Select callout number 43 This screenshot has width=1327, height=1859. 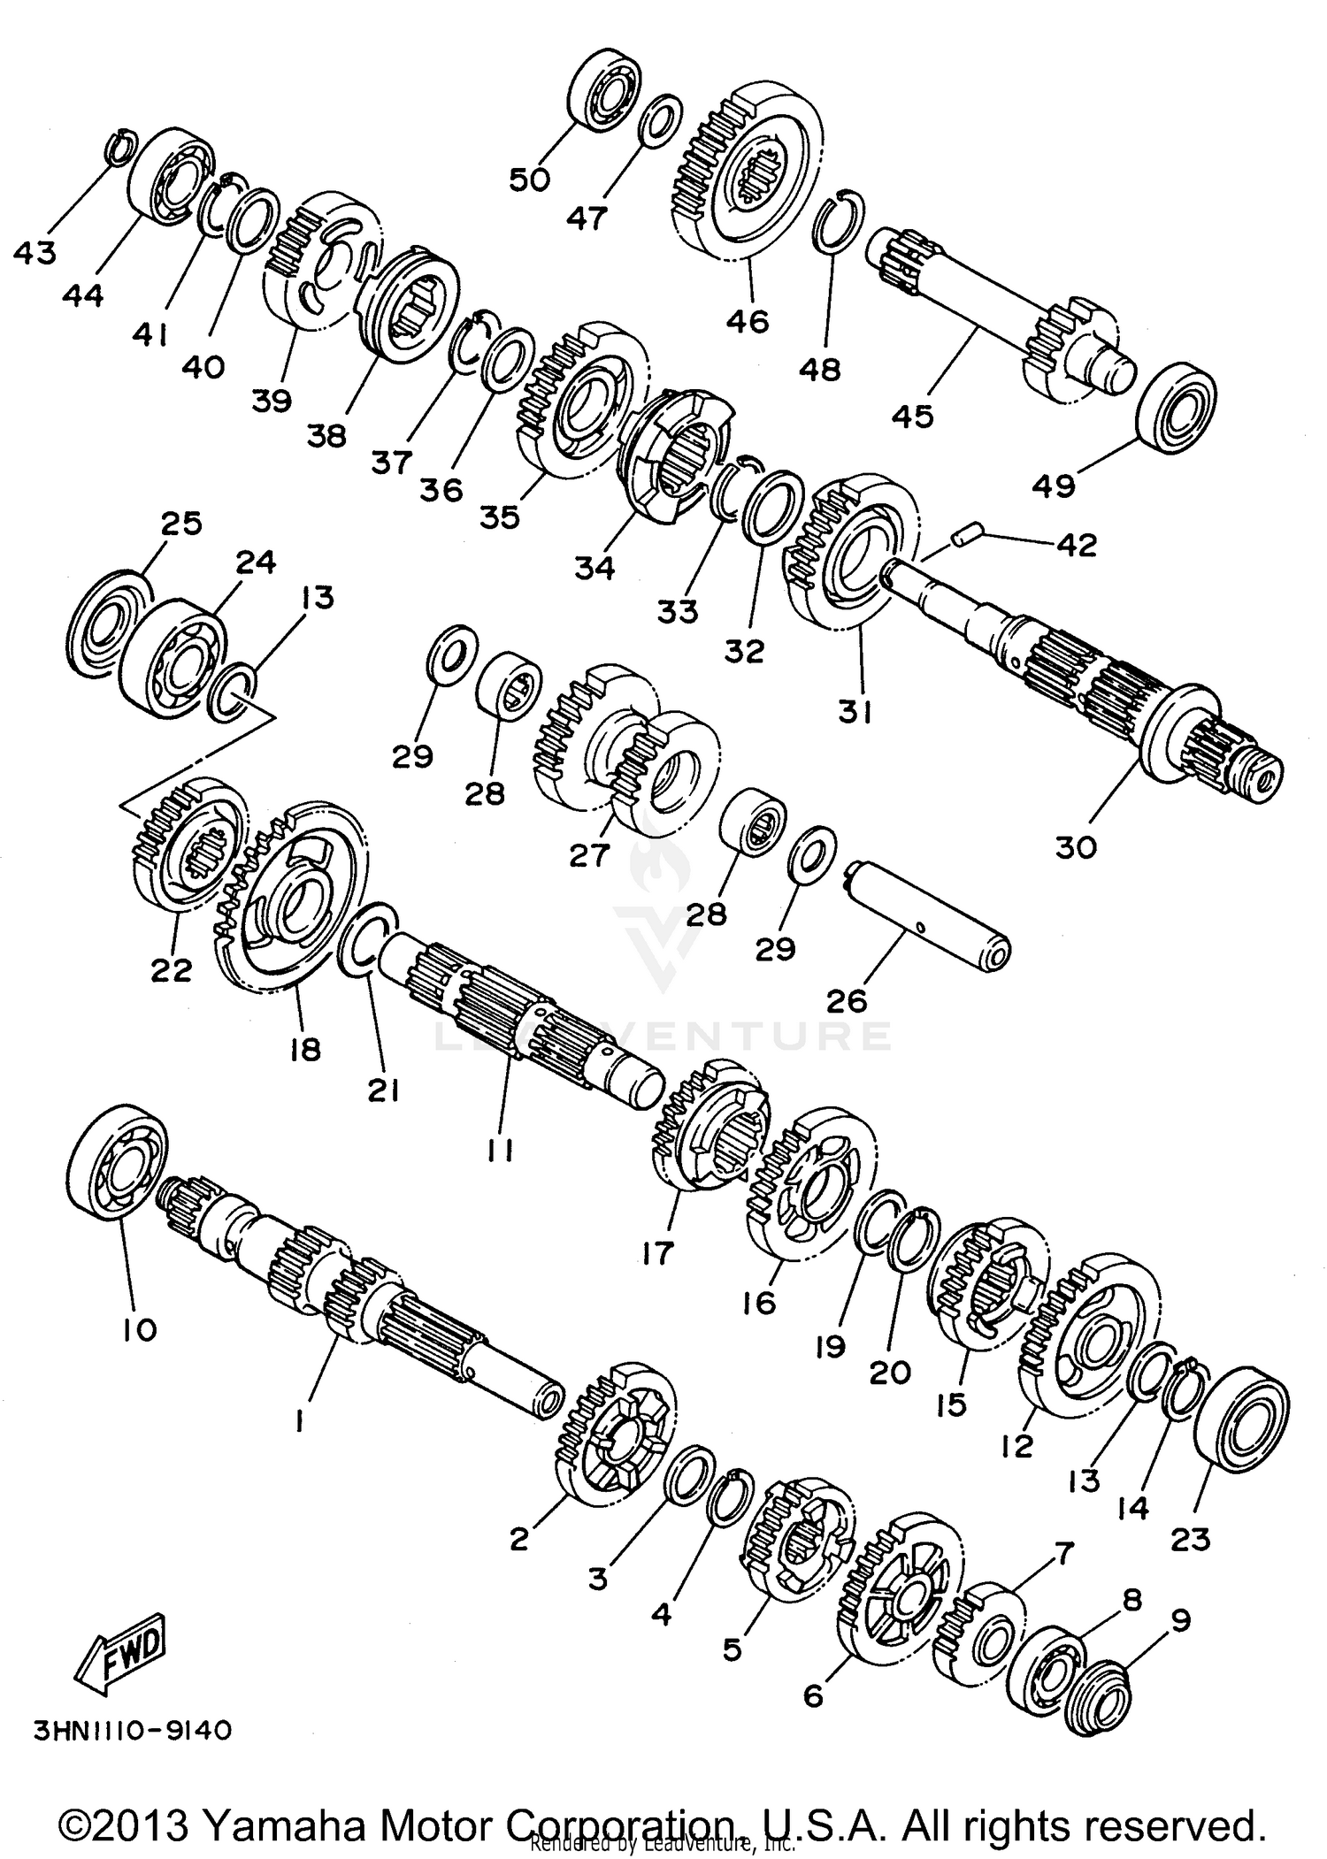click(x=35, y=253)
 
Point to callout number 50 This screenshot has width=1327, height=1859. click(x=529, y=180)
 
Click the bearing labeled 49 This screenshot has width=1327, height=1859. click(x=1176, y=413)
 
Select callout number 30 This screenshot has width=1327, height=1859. click(x=1076, y=847)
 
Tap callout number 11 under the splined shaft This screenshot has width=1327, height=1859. click(x=500, y=1149)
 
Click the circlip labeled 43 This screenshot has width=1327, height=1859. click(x=119, y=147)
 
